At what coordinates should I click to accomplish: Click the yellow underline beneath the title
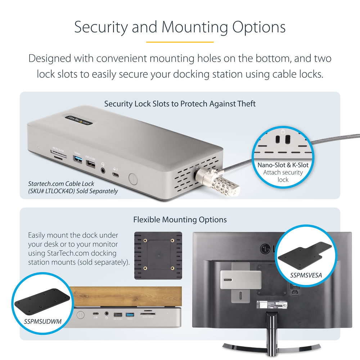click(180, 42)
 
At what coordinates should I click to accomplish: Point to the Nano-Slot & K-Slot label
click(283, 165)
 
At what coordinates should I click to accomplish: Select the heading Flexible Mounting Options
click(180, 220)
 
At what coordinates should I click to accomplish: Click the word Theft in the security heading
click(247, 104)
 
